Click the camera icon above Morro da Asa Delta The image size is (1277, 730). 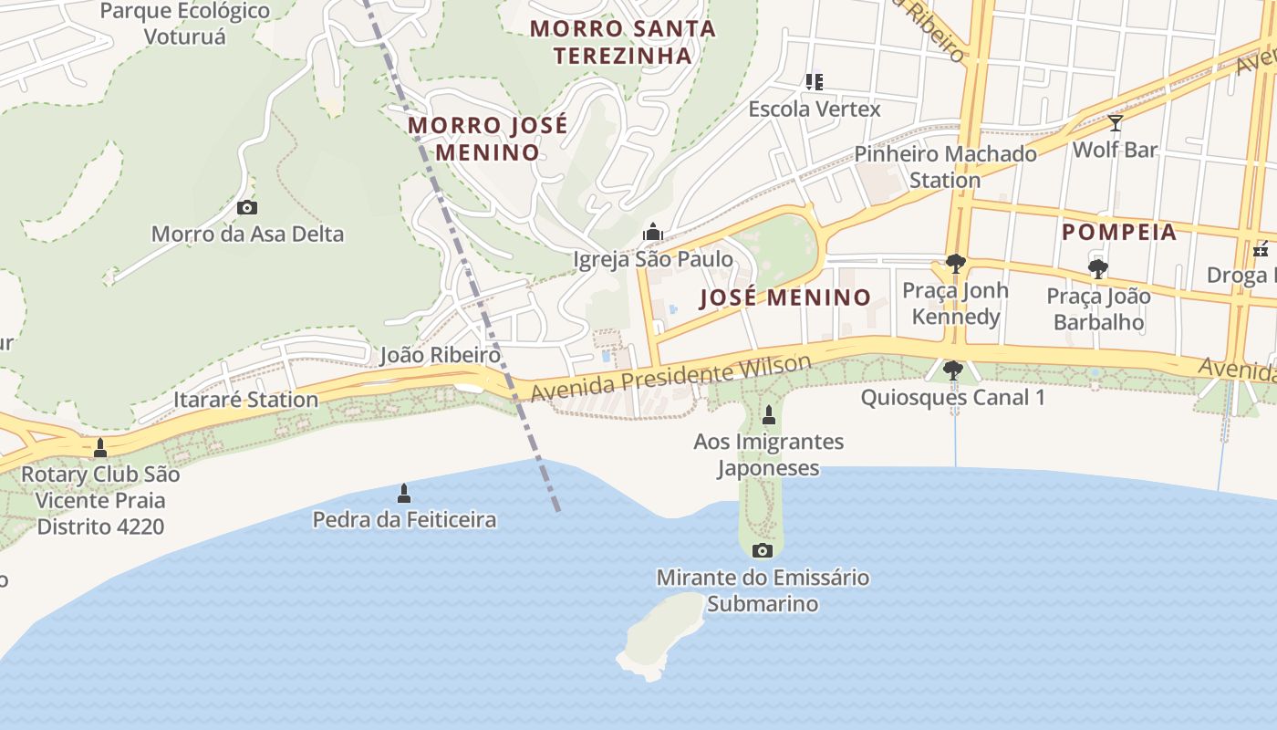(x=246, y=208)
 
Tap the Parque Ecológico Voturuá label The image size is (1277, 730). (x=185, y=25)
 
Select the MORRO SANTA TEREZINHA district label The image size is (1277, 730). (x=623, y=42)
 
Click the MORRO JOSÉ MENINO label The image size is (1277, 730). (x=487, y=139)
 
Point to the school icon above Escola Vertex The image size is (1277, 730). (x=815, y=82)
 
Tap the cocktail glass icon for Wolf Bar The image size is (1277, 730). (x=1115, y=122)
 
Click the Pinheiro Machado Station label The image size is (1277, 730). (x=945, y=167)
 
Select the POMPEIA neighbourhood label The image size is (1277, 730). (x=1119, y=232)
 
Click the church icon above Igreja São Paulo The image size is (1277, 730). (x=652, y=233)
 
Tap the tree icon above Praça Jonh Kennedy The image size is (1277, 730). (x=955, y=265)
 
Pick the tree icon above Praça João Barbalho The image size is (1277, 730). (x=1097, y=269)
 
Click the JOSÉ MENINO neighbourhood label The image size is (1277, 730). (x=785, y=297)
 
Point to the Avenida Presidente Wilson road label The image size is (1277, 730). (x=670, y=379)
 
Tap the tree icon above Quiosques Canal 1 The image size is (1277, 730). (x=952, y=370)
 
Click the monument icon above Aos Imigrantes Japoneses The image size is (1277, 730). (x=768, y=415)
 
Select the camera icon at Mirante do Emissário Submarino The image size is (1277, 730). (x=763, y=550)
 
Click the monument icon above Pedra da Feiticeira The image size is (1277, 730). (x=404, y=494)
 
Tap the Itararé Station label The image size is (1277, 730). (x=245, y=400)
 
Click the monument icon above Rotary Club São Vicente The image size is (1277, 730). (x=100, y=448)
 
